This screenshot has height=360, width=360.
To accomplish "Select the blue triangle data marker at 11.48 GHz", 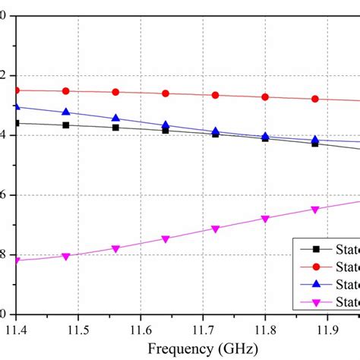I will point(65,112).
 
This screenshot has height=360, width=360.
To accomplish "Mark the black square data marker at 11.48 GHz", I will point(65,125).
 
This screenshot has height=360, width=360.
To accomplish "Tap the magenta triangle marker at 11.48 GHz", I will point(65,257).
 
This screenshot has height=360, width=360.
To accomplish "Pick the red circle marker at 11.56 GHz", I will point(115,92).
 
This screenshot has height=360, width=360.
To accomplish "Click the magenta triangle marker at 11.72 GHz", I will point(215,229).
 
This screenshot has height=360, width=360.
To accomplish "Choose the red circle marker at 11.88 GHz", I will point(315,99).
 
